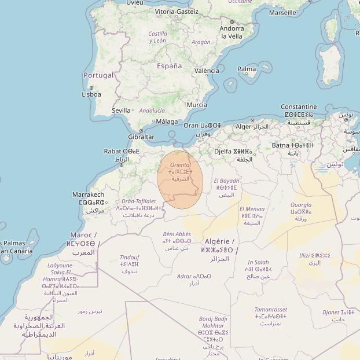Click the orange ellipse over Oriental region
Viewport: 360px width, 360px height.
(x=180, y=179)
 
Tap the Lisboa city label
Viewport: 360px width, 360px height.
(x=91, y=94)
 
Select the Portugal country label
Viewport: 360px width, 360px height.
(x=98, y=75)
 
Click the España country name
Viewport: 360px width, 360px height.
(x=169, y=66)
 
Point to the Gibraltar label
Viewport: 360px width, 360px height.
(x=141, y=137)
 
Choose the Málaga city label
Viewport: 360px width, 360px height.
(x=167, y=122)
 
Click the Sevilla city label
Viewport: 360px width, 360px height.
(x=121, y=110)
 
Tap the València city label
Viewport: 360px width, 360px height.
(x=207, y=71)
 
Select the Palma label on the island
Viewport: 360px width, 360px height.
(x=247, y=69)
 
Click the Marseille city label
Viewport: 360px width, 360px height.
(x=282, y=12)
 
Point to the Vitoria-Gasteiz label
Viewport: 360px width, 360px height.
(x=177, y=12)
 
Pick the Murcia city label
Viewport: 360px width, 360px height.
(x=197, y=105)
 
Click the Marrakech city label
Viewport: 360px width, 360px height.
(x=88, y=195)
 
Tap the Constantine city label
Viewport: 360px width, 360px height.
(x=299, y=106)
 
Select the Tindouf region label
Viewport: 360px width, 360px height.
(x=129, y=257)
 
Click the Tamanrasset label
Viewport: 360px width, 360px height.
(x=271, y=310)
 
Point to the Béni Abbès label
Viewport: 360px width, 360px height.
(x=177, y=234)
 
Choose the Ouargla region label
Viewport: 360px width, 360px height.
(x=300, y=205)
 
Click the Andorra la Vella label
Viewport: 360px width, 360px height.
(x=232, y=32)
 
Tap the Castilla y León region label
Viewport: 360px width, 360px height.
(x=157, y=38)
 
